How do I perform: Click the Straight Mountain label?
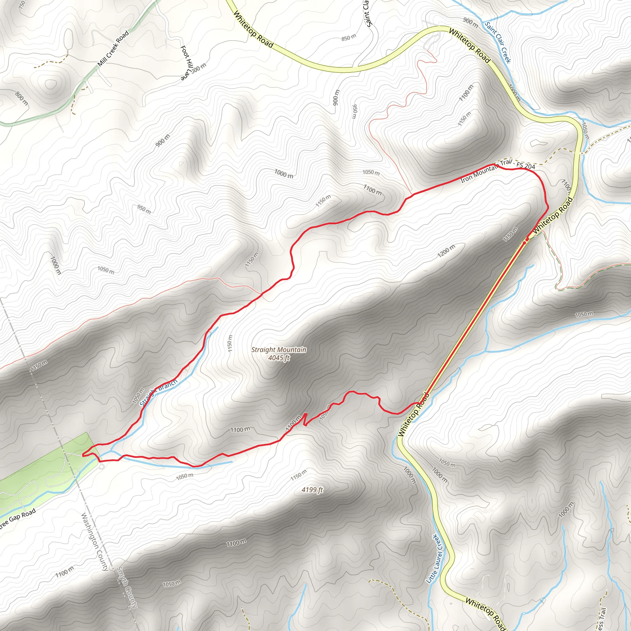pos(279,349)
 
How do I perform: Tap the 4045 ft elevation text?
pos(279,358)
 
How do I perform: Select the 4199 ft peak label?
pos(312,490)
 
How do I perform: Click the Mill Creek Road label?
pos(113,48)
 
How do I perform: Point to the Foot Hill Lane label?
pos(185,63)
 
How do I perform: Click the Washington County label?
pos(95,542)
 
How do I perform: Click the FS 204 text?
pos(526,165)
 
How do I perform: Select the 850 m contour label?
pos(348,38)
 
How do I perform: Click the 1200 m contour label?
pos(446,251)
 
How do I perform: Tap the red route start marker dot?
pos(527,240)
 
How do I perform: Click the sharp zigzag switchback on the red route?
pos(305,419)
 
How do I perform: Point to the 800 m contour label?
pos(22,98)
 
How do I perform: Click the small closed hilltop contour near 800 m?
pos(51,84)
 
